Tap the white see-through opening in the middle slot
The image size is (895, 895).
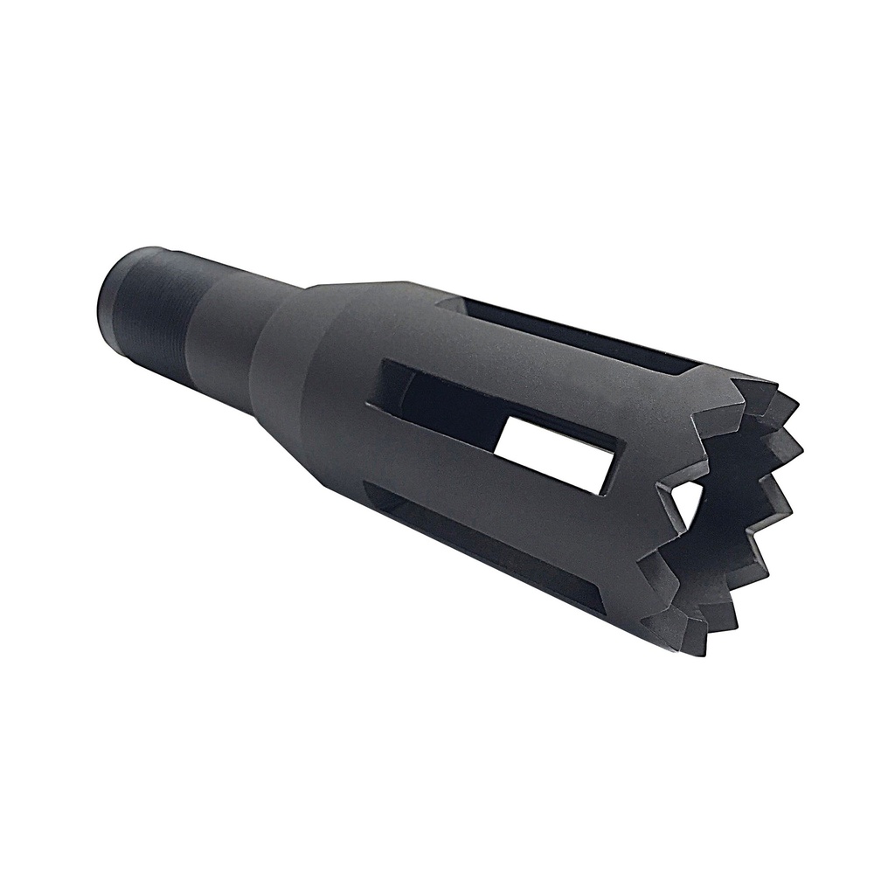pyautogui.click(x=551, y=450)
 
